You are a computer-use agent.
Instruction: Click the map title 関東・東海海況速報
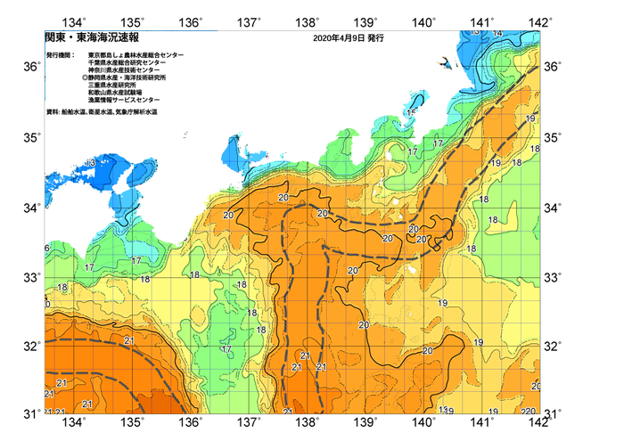pos(80,38)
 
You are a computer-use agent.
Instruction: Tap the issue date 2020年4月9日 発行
pos(349,38)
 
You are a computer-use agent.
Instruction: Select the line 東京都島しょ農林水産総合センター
pos(136,55)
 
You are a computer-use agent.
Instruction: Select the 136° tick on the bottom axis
pos(193,421)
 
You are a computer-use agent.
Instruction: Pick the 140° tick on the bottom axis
pos(424,421)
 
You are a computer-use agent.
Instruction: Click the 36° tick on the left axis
pos(31,68)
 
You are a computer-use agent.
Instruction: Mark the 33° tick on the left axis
pos(31,277)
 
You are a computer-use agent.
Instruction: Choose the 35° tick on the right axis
pos(554,137)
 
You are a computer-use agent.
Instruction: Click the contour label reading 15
pos(411,113)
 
